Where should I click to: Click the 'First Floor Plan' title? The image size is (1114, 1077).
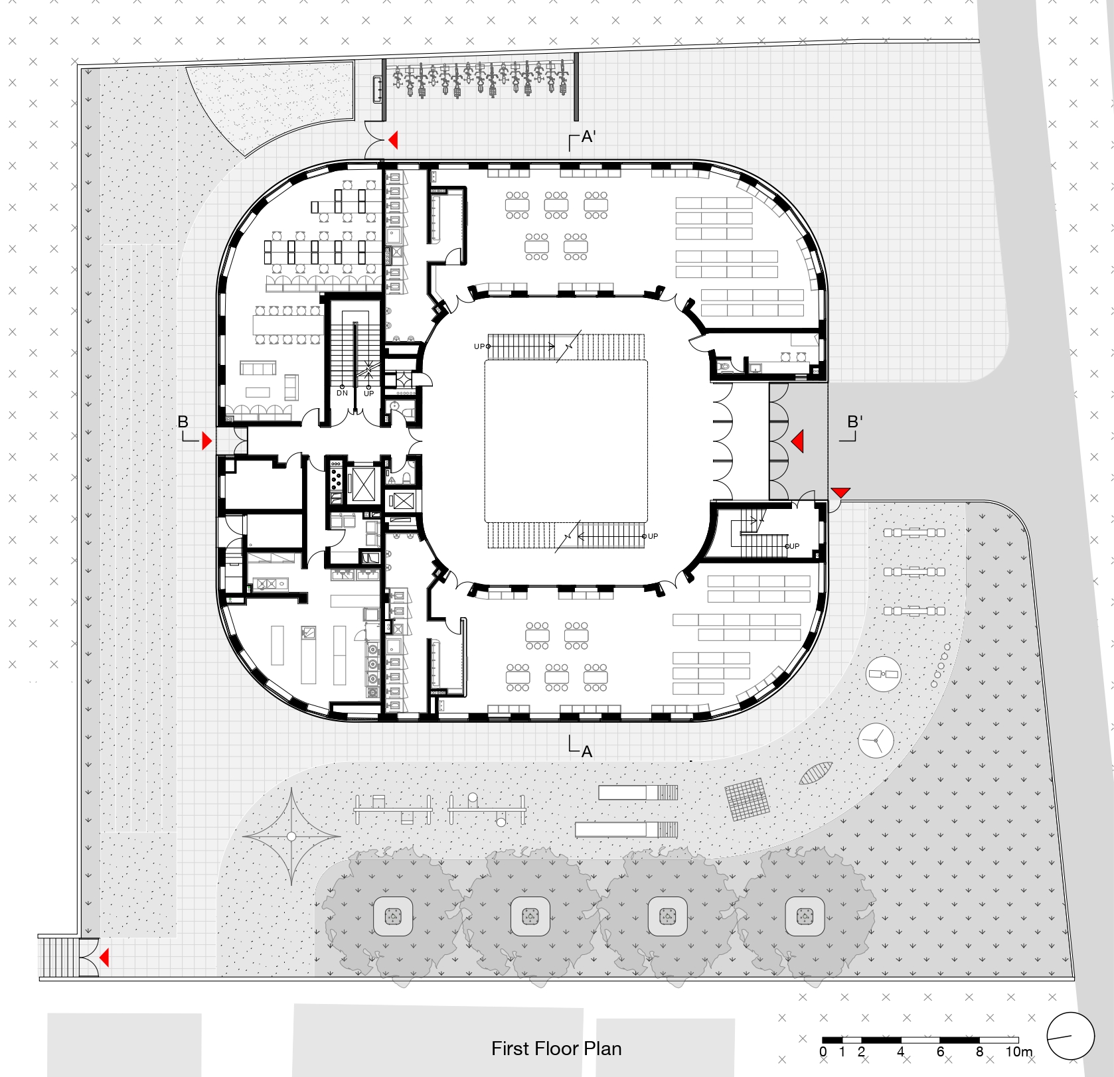coord(556,1048)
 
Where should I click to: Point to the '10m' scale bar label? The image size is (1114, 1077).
coord(1019,1052)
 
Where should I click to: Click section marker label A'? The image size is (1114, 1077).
coord(588,137)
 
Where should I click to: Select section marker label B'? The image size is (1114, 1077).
coord(855,422)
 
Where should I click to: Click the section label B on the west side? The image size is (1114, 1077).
coord(183,422)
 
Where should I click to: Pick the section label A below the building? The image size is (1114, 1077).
coord(587,752)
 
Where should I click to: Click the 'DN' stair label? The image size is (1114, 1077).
coord(343,394)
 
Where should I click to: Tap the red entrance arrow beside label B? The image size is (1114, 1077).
coord(207,441)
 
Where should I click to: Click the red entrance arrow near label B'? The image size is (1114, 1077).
coord(798,441)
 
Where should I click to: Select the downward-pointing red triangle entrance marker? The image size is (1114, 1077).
coord(840,492)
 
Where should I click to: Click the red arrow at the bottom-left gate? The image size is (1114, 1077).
coord(104,958)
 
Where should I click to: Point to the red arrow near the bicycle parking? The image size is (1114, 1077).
coord(393,140)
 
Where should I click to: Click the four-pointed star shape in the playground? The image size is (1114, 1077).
coord(291,836)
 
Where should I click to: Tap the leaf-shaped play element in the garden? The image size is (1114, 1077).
coord(816,773)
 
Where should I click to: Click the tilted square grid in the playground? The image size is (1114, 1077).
coord(748,800)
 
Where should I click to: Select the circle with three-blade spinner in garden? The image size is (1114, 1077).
coord(876,740)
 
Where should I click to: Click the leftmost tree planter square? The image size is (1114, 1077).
coord(393,916)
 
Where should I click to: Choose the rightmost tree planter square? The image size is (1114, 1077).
coord(805,916)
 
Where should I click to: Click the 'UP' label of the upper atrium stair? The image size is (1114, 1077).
coord(479,346)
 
